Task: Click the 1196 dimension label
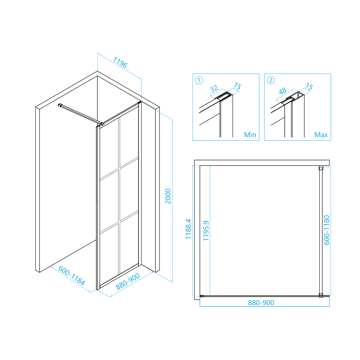pyautogui.click(x=120, y=63)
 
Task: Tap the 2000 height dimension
pyautogui.click(x=168, y=196)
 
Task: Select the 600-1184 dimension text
pyautogui.click(x=71, y=275)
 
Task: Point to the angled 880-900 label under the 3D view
pyautogui.click(x=128, y=281)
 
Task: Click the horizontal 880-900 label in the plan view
pyautogui.click(x=261, y=303)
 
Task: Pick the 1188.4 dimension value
pyautogui.click(x=188, y=229)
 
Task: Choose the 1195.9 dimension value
pyautogui.click(x=206, y=231)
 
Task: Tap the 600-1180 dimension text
pyautogui.click(x=327, y=230)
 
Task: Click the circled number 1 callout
pyautogui.click(x=199, y=81)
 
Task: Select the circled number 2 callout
pyautogui.click(x=271, y=80)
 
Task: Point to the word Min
pyautogui.click(x=250, y=135)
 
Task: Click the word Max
pyautogui.click(x=321, y=135)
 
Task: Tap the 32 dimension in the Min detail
pyautogui.click(x=214, y=88)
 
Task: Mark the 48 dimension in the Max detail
pyautogui.click(x=283, y=91)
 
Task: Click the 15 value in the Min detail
pyautogui.click(x=237, y=86)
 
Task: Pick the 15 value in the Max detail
pyautogui.click(x=309, y=86)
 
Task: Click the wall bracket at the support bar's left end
pyautogui.click(x=60, y=105)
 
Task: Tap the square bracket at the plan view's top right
pyautogui.click(x=321, y=168)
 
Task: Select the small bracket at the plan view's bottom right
pyautogui.click(x=321, y=295)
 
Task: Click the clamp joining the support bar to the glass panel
pyautogui.click(x=102, y=124)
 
